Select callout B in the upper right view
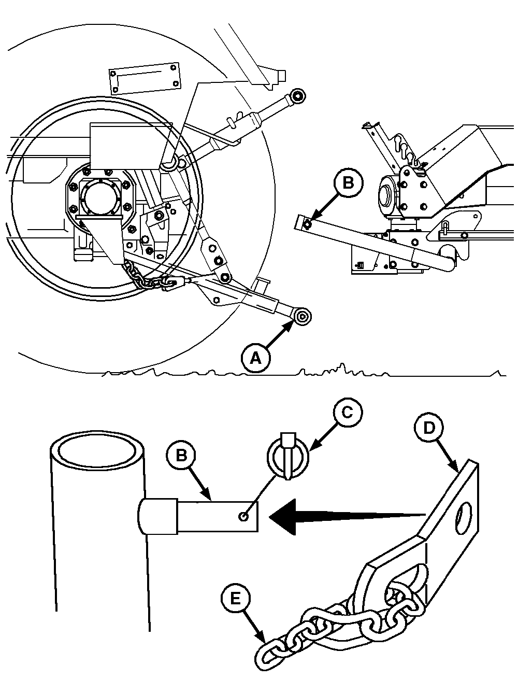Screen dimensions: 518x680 click(348, 183)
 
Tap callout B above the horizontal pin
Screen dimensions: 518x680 click(181, 456)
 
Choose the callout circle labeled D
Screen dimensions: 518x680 click(429, 428)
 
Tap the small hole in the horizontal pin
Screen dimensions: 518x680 click(243, 516)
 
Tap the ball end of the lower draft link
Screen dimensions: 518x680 click(302, 317)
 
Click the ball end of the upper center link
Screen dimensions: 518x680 click(298, 96)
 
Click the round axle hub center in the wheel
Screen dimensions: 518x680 click(101, 197)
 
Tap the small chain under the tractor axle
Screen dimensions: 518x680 click(149, 276)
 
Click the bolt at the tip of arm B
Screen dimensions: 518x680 click(307, 224)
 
